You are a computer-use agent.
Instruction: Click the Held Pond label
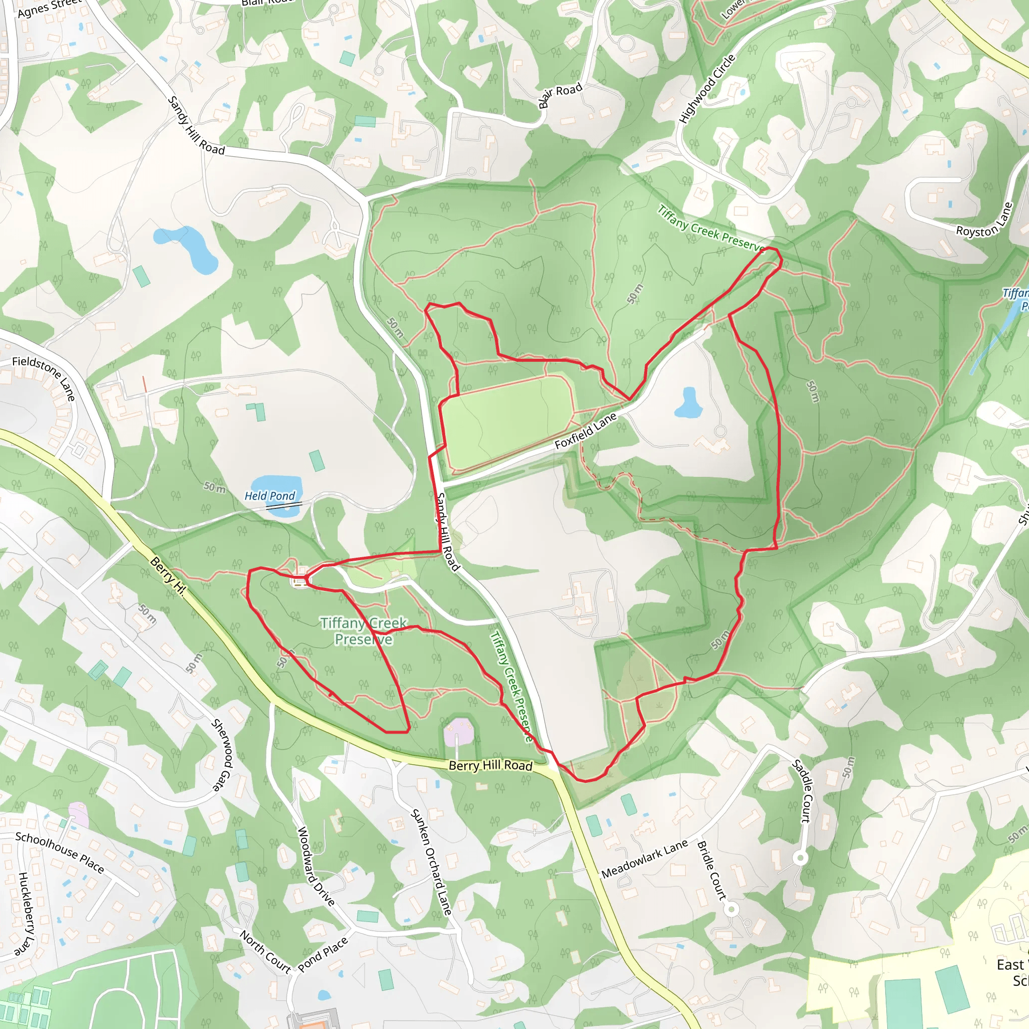click(x=269, y=496)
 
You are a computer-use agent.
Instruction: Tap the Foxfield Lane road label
click(x=585, y=431)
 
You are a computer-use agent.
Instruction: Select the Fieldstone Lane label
click(x=44, y=378)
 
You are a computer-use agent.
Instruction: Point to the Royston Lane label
click(x=984, y=220)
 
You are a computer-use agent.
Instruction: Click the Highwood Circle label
click(x=707, y=89)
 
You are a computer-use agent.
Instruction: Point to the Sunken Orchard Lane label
click(x=432, y=862)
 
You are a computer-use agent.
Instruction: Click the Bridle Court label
click(x=711, y=870)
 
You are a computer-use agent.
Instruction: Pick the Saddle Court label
click(x=801, y=791)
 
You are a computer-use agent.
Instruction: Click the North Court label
click(x=265, y=951)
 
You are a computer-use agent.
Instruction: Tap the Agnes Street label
click(x=49, y=8)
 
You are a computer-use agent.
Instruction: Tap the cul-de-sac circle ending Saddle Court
click(x=800, y=858)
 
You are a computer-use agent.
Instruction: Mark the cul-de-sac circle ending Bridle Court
click(x=732, y=908)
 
